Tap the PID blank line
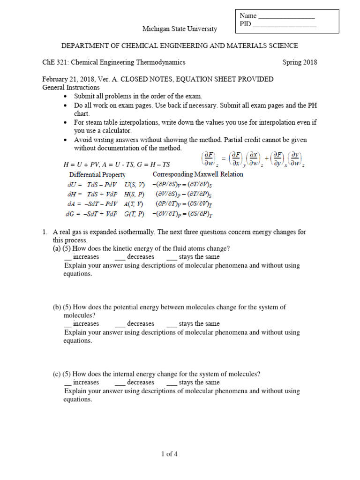click(285, 25)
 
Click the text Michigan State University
click(180, 29)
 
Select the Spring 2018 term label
click(300, 62)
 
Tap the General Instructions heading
click(71, 87)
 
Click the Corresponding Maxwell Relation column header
click(198, 174)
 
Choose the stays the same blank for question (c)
click(171, 382)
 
